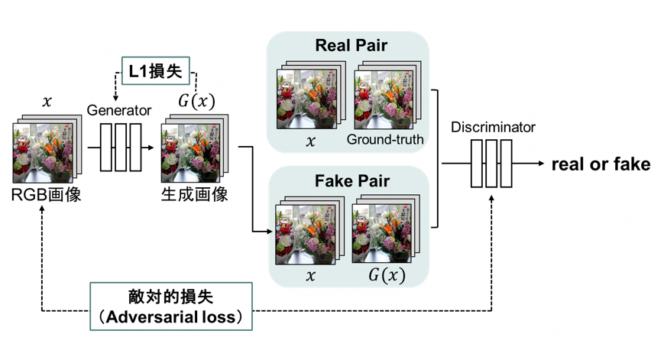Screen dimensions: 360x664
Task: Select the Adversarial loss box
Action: click(172, 305)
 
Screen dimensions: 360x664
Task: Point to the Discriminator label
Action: click(493, 127)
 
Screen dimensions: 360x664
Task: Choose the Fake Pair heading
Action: click(352, 181)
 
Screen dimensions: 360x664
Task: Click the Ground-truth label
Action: click(384, 140)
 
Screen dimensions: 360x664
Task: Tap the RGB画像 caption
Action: click(47, 194)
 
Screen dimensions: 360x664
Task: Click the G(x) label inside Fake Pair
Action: click(387, 275)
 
